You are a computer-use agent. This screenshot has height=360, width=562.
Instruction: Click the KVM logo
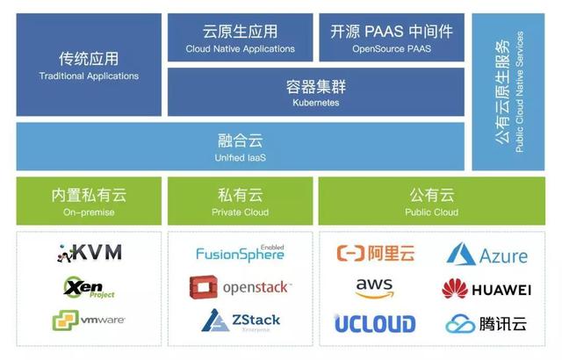pos(90,253)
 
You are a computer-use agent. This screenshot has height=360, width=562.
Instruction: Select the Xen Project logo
pos(89,287)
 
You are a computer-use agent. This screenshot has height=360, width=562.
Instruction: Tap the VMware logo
pos(89,320)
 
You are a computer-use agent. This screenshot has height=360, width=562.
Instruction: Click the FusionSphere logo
pos(240,254)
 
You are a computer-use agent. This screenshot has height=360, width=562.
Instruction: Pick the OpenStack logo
pos(240,287)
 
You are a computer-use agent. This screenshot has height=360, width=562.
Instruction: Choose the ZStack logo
pos(240,321)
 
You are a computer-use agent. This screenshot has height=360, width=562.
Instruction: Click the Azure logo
pos(487,256)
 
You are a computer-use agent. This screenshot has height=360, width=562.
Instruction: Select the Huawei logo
pos(486,290)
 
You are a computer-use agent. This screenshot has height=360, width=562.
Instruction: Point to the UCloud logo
pos(375,324)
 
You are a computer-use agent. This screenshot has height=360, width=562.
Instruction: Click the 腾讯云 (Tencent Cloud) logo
pos(486,324)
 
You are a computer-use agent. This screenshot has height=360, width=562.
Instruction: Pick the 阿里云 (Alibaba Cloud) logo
pos(376,255)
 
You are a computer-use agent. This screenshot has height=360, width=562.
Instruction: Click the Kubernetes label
pos(315,103)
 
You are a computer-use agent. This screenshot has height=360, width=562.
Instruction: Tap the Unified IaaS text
pos(240,157)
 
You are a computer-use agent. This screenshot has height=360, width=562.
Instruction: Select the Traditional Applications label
pos(89,76)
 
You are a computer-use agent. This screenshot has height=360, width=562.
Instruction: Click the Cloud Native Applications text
pos(240,49)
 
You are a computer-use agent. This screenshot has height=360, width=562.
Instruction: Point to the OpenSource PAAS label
pos(392,49)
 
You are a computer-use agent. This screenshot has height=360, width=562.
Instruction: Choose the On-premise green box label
pos(89,212)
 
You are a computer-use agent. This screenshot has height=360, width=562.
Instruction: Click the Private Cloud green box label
pos(240,212)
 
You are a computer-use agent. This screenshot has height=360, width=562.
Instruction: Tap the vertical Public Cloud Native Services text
pos(520,92)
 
